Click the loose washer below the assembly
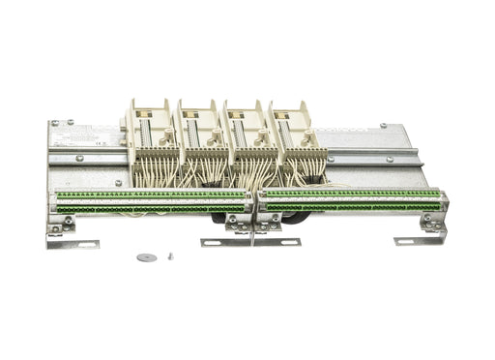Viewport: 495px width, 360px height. coord(145,256)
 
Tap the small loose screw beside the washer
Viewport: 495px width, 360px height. coord(171,255)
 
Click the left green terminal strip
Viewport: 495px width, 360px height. coord(150,202)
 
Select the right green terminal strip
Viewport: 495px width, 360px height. coord(352,201)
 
